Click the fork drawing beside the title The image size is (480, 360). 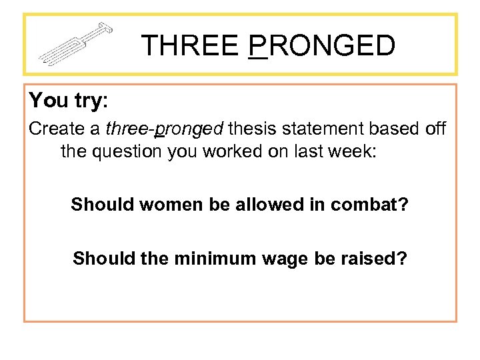75,45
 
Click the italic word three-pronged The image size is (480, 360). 165,129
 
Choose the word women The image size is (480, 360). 164,204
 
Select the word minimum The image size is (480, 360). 209,257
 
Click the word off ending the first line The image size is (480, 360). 435,129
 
